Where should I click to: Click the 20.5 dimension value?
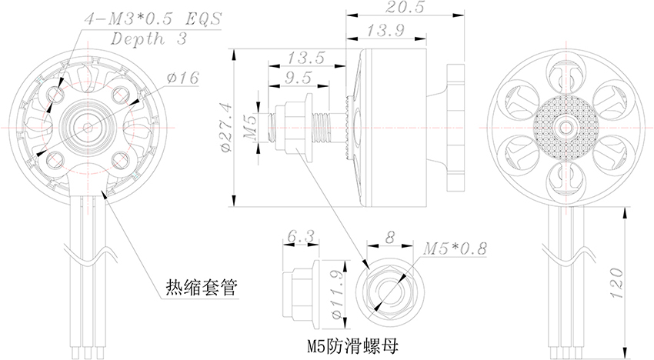click(x=405, y=7)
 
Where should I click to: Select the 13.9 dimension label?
click(x=385, y=31)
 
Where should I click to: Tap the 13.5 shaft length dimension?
click(x=305, y=58)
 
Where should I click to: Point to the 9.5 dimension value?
click(x=299, y=78)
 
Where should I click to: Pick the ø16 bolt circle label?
click(x=182, y=78)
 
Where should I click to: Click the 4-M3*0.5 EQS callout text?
click(x=152, y=18)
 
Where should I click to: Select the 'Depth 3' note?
click(x=148, y=38)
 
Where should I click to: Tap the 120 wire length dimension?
click(x=616, y=283)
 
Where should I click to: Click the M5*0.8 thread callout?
click(x=455, y=249)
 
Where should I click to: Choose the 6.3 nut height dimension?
click(x=301, y=236)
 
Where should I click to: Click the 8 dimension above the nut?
click(x=389, y=238)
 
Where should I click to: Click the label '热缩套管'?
click(x=202, y=288)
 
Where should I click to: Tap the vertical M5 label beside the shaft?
click(x=250, y=128)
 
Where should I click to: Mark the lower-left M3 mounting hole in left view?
click(x=55, y=159)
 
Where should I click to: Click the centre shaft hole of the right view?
click(x=566, y=127)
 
